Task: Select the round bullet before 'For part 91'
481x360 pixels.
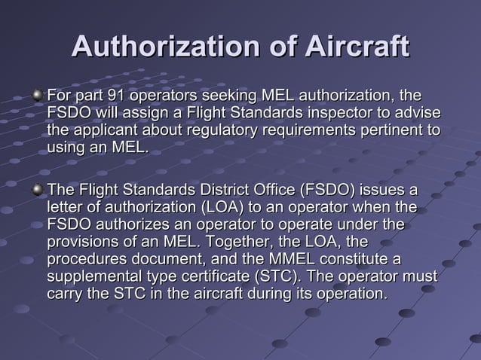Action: [38, 96]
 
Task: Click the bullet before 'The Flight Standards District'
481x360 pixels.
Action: [38, 188]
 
